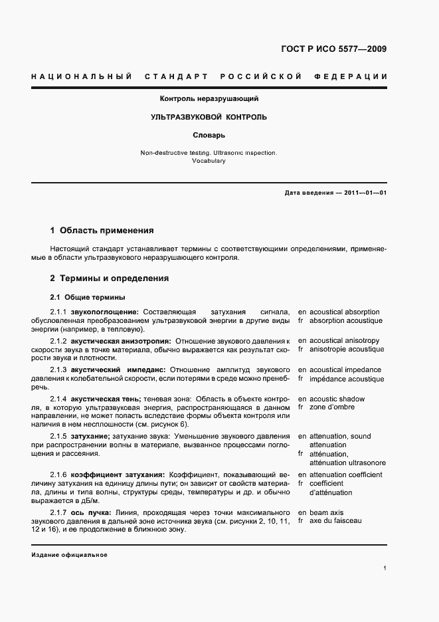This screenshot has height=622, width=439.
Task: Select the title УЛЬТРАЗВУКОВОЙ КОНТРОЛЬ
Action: (209, 117)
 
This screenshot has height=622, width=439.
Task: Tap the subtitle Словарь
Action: (209, 135)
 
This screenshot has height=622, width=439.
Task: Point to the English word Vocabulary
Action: (209, 161)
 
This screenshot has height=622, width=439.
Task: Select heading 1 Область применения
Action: (102, 231)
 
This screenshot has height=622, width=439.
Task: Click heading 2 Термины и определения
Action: (109, 278)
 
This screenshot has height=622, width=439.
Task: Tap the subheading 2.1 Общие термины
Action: (88, 297)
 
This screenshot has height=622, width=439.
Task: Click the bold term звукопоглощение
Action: (105, 312)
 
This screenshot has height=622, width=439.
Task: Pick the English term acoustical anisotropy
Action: (345, 340)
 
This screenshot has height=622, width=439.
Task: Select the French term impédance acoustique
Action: (347, 379)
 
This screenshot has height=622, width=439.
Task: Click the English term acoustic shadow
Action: (342, 399)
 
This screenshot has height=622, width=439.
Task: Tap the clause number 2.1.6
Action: (58, 474)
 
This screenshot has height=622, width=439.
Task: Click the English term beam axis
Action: (327, 512)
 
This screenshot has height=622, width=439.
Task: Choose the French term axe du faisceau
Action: (335, 521)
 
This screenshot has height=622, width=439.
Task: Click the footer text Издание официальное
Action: (69, 555)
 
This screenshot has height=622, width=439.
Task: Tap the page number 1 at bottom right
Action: (385, 568)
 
